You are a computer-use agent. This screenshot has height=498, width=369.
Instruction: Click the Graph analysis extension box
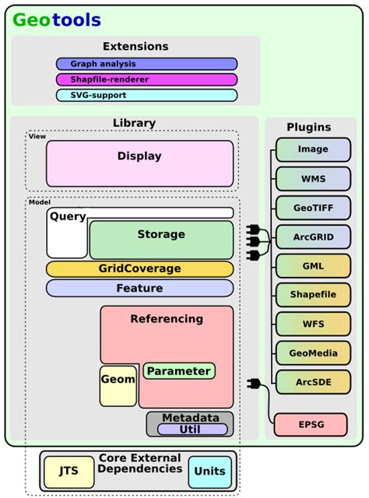pyautogui.click(x=146, y=64)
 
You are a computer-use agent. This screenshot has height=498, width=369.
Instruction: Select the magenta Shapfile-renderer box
pyautogui.click(x=146, y=79)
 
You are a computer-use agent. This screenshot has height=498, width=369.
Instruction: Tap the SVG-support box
pyautogui.click(x=146, y=95)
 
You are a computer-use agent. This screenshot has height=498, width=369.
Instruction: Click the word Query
pyautogui.click(x=68, y=217)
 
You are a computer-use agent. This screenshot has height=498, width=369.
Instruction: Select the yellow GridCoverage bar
pyautogui.click(x=139, y=269)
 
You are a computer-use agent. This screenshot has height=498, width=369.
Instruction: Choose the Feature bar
pyautogui.click(x=139, y=289)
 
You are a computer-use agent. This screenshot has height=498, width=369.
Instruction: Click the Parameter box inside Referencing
pyautogui.click(x=179, y=371)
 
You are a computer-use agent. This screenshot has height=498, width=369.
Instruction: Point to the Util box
pyautogui.click(x=192, y=429)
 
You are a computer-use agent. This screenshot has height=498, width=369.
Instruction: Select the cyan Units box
pyautogui.click(x=210, y=471)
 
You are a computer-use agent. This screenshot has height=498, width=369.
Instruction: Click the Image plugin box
pyautogui.click(x=313, y=149)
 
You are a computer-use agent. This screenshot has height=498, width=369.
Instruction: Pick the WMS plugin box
pyautogui.click(x=313, y=179)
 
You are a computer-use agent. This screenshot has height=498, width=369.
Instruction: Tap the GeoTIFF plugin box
pyautogui.click(x=313, y=208)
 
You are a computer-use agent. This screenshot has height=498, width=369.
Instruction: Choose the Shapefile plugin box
pyautogui.click(x=313, y=296)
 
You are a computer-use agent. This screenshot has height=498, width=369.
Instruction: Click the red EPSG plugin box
pyautogui.click(x=311, y=425)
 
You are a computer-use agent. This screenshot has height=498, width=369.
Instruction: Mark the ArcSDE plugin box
pyautogui.click(x=313, y=383)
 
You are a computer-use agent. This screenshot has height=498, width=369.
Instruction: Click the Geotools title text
pyautogui.click(x=56, y=20)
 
